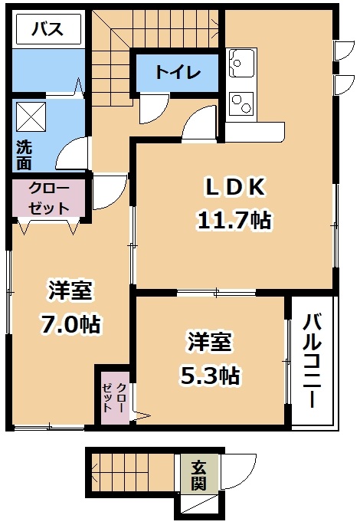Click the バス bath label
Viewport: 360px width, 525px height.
click(47, 29)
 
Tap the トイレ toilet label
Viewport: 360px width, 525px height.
click(178, 72)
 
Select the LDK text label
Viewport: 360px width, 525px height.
click(235, 188)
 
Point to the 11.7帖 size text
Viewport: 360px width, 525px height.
click(234, 220)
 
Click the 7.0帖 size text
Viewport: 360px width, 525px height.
click(70, 323)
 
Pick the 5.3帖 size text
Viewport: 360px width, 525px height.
click(210, 376)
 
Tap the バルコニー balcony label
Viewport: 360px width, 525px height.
click(312, 361)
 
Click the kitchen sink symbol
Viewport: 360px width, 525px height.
click(241, 63)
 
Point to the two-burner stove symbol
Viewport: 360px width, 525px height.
click(241, 103)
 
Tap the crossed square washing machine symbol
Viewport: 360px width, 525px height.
click(31, 116)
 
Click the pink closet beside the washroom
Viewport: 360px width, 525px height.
click(49, 199)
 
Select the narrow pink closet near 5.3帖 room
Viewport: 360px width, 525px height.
click(114, 398)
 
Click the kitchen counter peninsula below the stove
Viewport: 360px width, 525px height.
click(255, 132)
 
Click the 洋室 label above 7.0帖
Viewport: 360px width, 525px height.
click(70, 290)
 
